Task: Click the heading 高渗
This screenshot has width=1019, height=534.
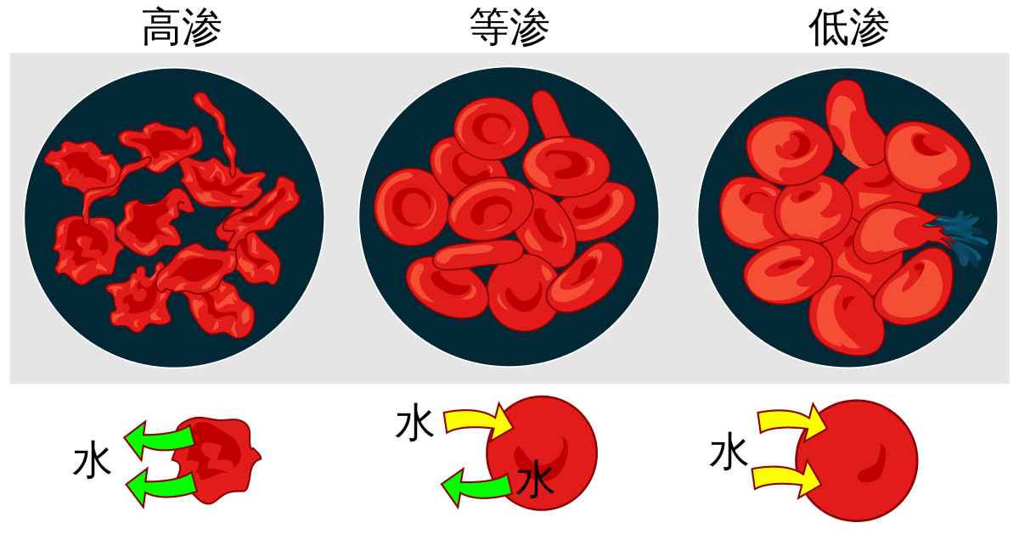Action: [x=182, y=30]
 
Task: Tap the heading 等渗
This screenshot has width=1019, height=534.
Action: [x=509, y=30]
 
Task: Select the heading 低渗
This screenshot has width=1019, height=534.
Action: [x=848, y=30]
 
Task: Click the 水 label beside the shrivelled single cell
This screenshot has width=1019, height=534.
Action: [x=92, y=462]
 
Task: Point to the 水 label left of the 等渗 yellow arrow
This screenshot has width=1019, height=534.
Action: [x=414, y=424]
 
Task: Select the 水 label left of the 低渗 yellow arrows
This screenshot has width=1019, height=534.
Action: [x=729, y=451]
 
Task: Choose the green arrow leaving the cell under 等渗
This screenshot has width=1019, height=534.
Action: [x=476, y=488]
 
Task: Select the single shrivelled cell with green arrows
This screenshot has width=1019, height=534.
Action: [x=217, y=458]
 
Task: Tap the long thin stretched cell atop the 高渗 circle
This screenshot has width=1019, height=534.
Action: [x=218, y=127]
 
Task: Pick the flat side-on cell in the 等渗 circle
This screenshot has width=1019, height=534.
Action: [x=478, y=254]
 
